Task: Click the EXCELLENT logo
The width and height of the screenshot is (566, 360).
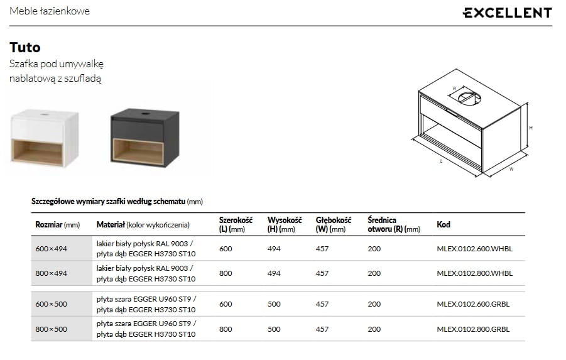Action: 507,13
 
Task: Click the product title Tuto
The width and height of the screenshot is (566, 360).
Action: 25,47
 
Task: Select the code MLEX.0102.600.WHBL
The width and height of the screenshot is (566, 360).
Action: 474,249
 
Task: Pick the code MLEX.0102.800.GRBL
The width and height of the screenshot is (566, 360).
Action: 473,329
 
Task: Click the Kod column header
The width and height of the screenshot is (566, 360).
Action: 444,224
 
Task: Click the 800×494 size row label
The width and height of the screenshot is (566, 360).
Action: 51,273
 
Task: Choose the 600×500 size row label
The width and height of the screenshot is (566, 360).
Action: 51,304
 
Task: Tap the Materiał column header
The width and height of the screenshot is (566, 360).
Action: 143,224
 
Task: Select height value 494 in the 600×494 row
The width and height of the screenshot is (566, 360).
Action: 274,249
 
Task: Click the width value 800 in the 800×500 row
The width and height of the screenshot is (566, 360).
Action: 226,329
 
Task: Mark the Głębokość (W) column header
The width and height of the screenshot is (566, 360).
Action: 333,224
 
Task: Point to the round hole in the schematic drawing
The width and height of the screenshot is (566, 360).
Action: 466,97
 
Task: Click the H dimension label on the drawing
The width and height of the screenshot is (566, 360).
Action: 531,128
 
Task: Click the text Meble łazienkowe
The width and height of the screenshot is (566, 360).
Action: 50,11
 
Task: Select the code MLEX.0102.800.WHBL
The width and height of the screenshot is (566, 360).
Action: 474,273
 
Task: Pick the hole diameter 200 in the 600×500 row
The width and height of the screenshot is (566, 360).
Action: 374,304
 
